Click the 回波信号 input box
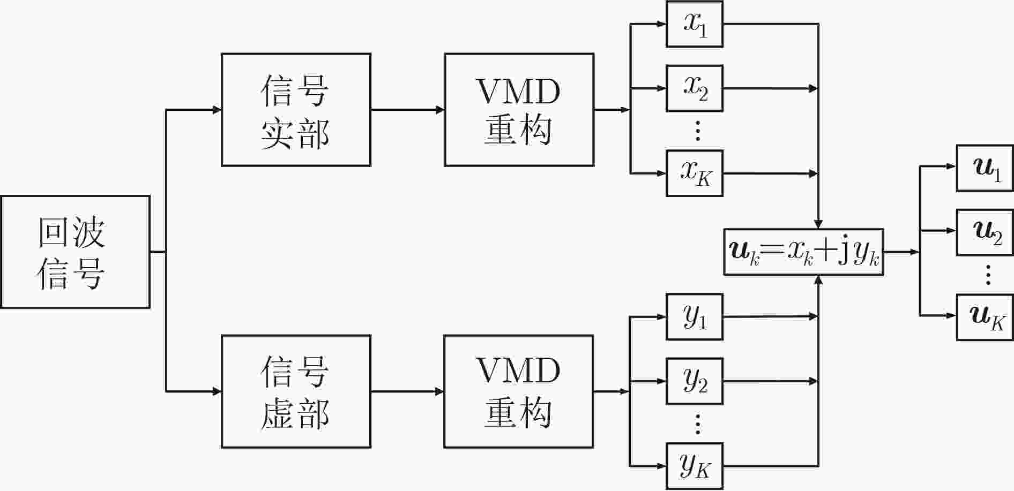75,252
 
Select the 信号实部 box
296,110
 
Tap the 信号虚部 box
296,391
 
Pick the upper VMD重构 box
519,110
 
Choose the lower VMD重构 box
519,391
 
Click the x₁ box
695,24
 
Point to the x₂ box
695,88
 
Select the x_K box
695,173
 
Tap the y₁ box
695,317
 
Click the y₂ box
695,381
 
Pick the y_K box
695,466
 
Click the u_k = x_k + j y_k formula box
803,252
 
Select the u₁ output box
985,168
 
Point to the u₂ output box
985,232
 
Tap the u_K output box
985,317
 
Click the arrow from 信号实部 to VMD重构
408,110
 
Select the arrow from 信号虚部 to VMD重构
408,391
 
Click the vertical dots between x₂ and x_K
697,131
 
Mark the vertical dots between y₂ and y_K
697,424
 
